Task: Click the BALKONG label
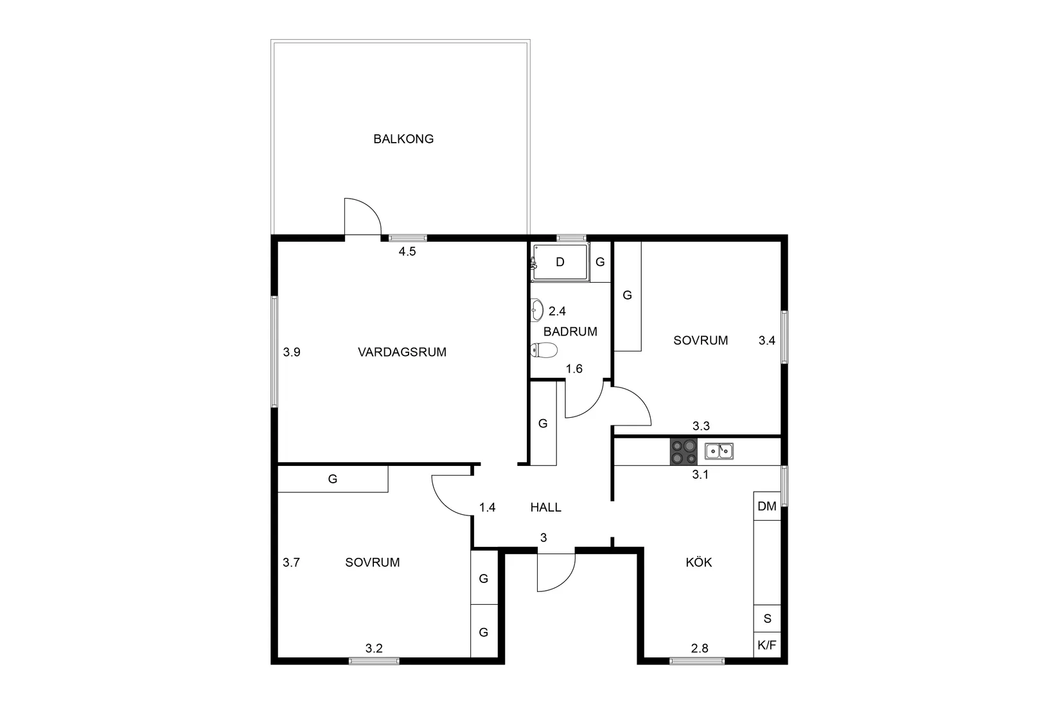pyautogui.click(x=403, y=139)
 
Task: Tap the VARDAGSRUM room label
pyautogui.click(x=402, y=352)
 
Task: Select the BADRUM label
pyautogui.click(x=570, y=332)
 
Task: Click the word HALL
pyautogui.click(x=545, y=507)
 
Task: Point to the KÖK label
pyautogui.click(x=699, y=562)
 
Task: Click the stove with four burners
pyautogui.click(x=684, y=452)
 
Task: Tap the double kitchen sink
pyautogui.click(x=719, y=451)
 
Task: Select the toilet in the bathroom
pyautogui.click(x=543, y=350)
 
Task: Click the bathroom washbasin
pyautogui.click(x=536, y=310)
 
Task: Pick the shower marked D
pyautogui.click(x=560, y=262)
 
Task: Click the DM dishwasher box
pyautogui.click(x=766, y=506)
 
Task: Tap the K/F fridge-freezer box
pyautogui.click(x=766, y=645)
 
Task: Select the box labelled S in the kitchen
pyautogui.click(x=766, y=618)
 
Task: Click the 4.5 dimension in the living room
pyautogui.click(x=407, y=251)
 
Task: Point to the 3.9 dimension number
pyautogui.click(x=292, y=352)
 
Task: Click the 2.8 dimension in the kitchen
pyautogui.click(x=700, y=649)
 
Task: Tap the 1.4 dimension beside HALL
pyautogui.click(x=487, y=508)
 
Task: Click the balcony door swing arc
pyautogui.click(x=371, y=209)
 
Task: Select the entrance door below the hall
pyautogui.click(x=556, y=572)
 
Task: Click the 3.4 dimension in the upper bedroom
pyautogui.click(x=766, y=340)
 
